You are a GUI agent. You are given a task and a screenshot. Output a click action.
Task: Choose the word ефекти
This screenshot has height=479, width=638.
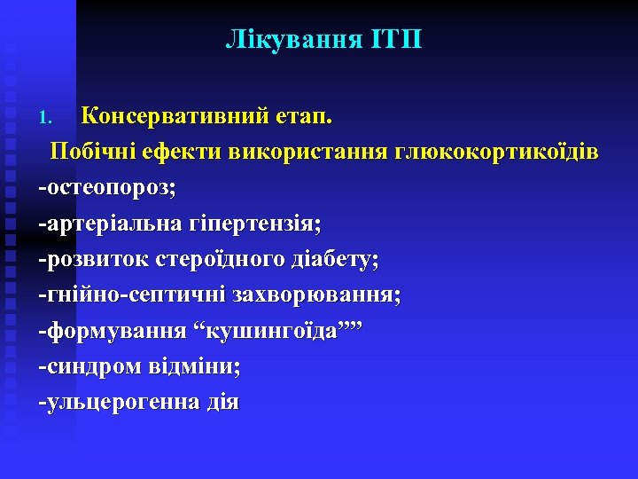(x=181, y=152)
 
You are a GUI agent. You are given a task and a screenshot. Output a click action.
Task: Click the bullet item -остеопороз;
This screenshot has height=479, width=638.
(x=106, y=188)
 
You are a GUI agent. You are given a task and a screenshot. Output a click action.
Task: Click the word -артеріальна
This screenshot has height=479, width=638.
(x=110, y=224)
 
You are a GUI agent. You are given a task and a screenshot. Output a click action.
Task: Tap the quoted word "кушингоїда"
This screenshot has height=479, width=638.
(x=284, y=331)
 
